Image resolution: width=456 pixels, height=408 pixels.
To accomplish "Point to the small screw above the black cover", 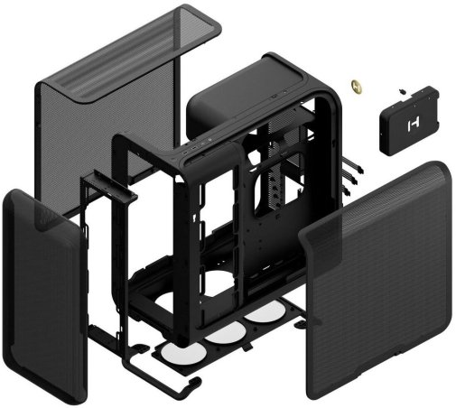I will click(x=398, y=90).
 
